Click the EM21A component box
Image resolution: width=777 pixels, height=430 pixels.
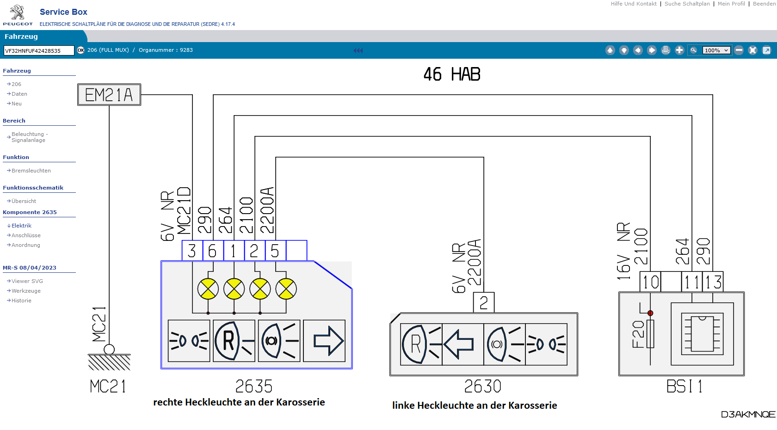(109, 95)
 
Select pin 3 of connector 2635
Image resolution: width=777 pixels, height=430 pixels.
(192, 251)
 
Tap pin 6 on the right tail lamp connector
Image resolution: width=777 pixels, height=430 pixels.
(213, 251)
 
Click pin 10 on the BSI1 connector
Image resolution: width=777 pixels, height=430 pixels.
(651, 282)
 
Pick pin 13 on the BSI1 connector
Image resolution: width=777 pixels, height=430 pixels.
(713, 282)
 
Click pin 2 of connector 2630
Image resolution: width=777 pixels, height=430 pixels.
(484, 302)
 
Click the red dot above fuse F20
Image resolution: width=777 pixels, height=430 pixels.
(650, 313)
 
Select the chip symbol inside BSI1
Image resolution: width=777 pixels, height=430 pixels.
(702, 334)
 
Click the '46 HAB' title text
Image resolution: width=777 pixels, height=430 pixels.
(452, 74)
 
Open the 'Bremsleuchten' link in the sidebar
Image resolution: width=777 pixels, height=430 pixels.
(31, 171)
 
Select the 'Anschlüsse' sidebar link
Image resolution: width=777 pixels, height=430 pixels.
(26, 235)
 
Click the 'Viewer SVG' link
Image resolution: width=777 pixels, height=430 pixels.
(27, 281)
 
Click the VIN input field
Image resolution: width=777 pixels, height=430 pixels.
(39, 50)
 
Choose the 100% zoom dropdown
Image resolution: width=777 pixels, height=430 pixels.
(716, 50)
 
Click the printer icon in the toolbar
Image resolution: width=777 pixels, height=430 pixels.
(666, 50)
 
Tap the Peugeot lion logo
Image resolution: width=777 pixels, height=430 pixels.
(18, 12)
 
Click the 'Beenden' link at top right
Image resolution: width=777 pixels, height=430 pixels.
(764, 4)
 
